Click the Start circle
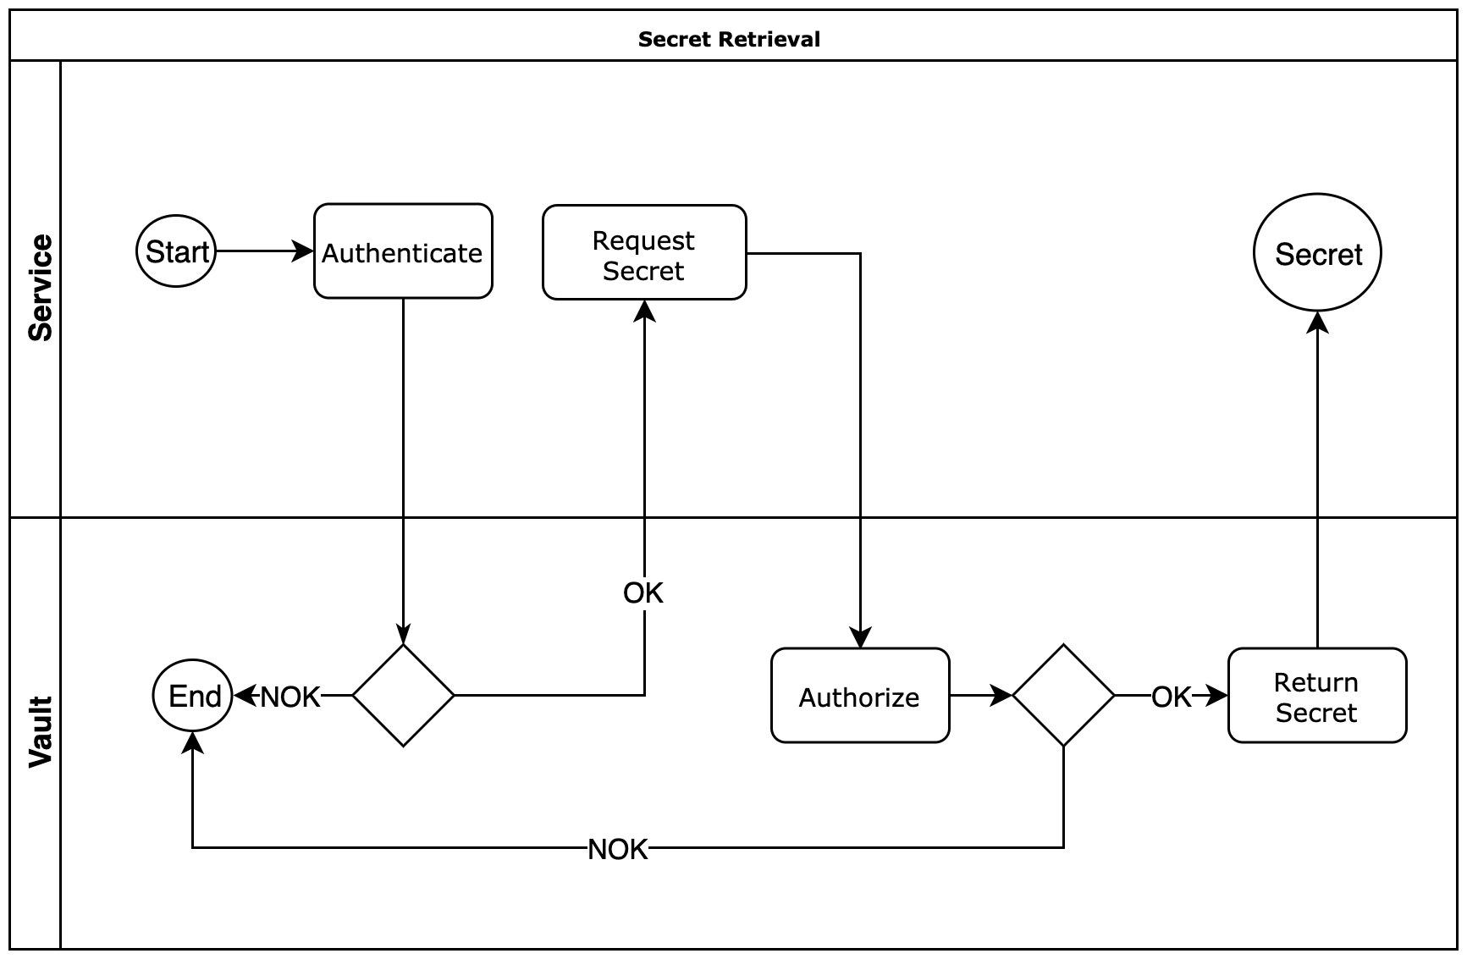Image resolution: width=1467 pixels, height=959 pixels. [176, 251]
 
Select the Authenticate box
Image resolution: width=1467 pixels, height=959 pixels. [403, 251]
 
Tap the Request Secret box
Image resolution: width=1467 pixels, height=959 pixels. [644, 252]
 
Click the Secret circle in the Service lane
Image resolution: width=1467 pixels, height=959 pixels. [1317, 253]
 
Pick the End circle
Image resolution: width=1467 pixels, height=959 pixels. [192, 696]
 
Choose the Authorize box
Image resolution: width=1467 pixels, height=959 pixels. [860, 696]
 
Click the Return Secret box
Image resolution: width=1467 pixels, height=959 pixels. [1317, 696]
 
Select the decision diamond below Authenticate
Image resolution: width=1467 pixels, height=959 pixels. [403, 696]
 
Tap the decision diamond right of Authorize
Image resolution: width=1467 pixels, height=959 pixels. [1063, 696]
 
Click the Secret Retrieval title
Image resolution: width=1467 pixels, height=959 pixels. [729, 39]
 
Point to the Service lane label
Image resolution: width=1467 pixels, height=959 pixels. [40, 288]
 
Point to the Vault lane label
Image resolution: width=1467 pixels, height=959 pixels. [40, 732]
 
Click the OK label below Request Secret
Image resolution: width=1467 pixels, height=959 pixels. [643, 593]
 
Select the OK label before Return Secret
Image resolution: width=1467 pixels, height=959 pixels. [1172, 697]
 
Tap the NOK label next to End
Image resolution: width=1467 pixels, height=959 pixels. [290, 697]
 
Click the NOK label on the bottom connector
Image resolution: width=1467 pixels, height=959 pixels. [618, 849]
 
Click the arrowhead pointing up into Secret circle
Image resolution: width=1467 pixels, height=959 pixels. [1317, 322]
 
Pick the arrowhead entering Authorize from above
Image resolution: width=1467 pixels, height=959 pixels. [860, 638]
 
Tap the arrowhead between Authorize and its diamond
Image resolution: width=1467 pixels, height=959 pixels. [1003, 696]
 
